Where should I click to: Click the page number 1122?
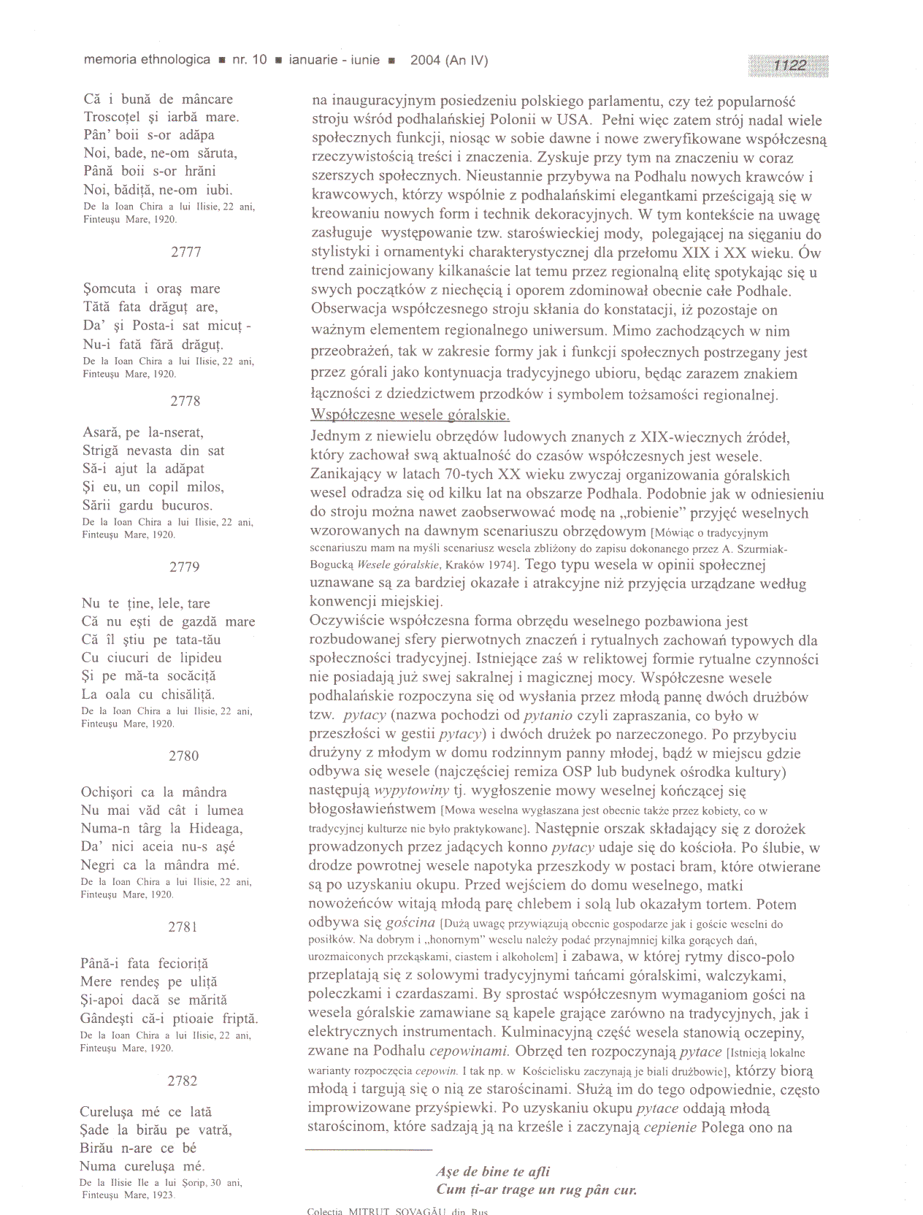tap(789, 66)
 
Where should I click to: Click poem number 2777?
tap(186, 252)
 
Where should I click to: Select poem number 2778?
tap(185, 401)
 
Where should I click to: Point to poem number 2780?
tap(183, 756)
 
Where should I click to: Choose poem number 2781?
tap(183, 927)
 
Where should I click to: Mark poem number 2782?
tap(183, 1081)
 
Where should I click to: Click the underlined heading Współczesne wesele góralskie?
tap(410, 415)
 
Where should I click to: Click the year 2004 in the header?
tap(425, 61)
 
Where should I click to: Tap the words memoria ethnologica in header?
tap(147, 60)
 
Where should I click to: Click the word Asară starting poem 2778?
tap(102, 432)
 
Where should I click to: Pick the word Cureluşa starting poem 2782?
tap(107, 1112)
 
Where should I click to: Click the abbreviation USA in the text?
tap(575, 120)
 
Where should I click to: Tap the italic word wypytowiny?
tap(411, 790)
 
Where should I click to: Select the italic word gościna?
tap(411, 922)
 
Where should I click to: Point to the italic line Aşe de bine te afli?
tap(493, 1172)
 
